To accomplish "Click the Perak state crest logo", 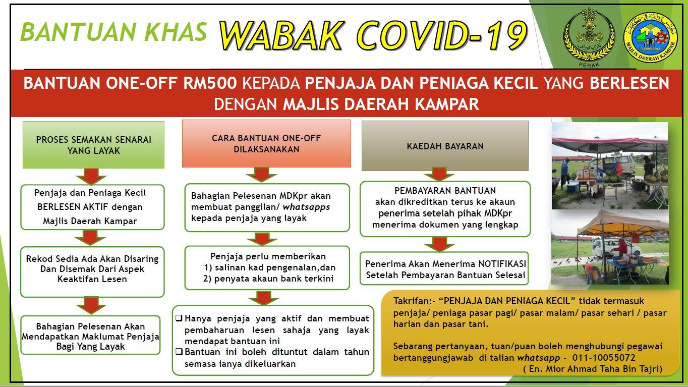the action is pyautogui.click(x=589, y=38).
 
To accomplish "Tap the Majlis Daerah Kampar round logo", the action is pyautogui.click(x=651, y=37).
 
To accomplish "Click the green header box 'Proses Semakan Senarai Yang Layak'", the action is pyautogui.click(x=93, y=145).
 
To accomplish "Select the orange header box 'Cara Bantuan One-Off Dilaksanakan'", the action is pyautogui.click(x=266, y=143).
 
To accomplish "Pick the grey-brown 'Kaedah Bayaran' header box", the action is pyautogui.click(x=445, y=146).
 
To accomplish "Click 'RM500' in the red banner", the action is pyautogui.click(x=210, y=83).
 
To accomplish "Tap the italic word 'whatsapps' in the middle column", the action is pyautogui.click(x=306, y=207).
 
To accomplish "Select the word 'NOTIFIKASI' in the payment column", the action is pyautogui.click(x=502, y=263).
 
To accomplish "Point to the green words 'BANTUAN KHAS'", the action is pyautogui.click(x=113, y=32).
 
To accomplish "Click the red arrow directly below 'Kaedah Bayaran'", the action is pyautogui.click(x=439, y=174).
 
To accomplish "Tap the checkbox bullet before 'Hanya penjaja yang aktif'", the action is pyautogui.click(x=179, y=318).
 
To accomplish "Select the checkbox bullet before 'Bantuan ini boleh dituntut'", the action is pyautogui.click(x=179, y=351).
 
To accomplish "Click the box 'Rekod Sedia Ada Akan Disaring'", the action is pyautogui.click(x=92, y=272).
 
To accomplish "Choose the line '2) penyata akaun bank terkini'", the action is pyautogui.click(x=268, y=279).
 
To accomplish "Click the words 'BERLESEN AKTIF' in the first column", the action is pyautogui.click(x=73, y=207).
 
